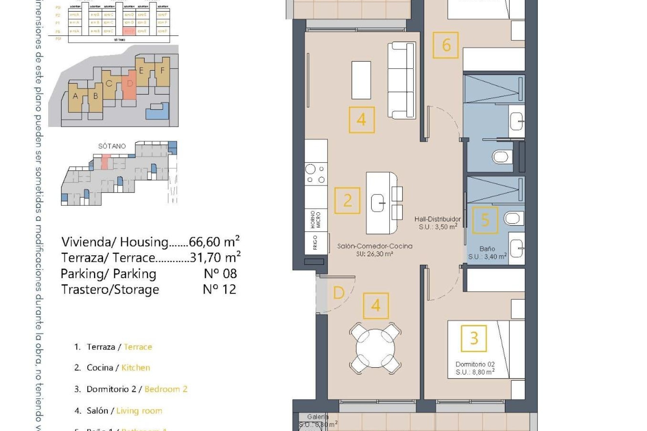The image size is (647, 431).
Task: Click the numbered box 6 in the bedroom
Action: [x=445, y=45]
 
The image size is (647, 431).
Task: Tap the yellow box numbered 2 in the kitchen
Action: [x=347, y=201]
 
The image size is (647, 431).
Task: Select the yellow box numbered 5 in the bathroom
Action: [x=485, y=220]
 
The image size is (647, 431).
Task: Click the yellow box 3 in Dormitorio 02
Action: [x=474, y=338]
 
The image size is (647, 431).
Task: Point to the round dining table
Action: [x=375, y=348]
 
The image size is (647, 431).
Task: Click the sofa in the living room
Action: [x=401, y=80]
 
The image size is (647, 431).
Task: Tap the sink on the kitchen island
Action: [x=378, y=203]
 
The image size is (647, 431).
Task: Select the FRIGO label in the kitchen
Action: [x=315, y=242]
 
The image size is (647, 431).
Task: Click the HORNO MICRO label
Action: [x=315, y=220]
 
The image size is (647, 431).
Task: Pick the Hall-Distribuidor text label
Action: [x=437, y=219]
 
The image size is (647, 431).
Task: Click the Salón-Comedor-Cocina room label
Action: [x=375, y=246]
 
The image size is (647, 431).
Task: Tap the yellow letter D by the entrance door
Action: [x=338, y=293]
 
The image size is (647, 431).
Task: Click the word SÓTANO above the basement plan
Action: [x=112, y=146]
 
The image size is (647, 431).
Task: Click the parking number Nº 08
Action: [x=220, y=273]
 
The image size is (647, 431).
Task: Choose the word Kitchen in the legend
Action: [x=135, y=368]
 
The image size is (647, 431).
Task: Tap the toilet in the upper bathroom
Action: [x=500, y=157]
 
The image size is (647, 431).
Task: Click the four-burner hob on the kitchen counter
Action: [x=315, y=174]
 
